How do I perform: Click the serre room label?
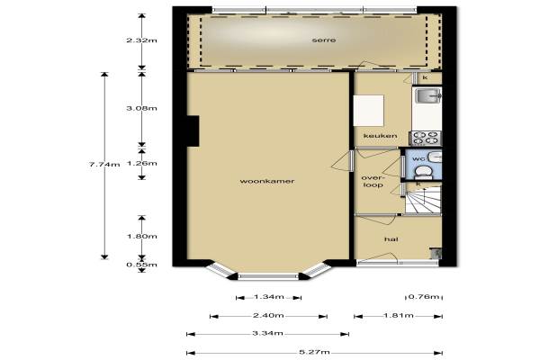(x=324, y=40)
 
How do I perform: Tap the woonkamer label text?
(x=267, y=181)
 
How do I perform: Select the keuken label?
(x=380, y=136)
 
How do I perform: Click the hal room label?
(x=391, y=239)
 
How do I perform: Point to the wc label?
(x=418, y=158)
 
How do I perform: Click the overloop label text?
(x=373, y=182)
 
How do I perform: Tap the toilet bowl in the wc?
(x=423, y=172)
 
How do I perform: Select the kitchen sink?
(x=427, y=95)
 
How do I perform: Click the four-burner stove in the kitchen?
(x=426, y=138)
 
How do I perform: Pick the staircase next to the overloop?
(x=423, y=201)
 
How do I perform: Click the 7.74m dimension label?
(x=104, y=165)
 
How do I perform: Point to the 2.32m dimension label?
(x=141, y=40)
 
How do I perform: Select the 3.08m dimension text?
(x=141, y=108)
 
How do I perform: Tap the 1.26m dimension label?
(x=141, y=163)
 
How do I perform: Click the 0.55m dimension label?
(x=141, y=265)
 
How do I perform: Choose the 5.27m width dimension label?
(x=314, y=352)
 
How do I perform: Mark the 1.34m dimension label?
(x=268, y=297)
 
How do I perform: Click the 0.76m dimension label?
(x=424, y=297)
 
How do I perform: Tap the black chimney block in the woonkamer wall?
(x=193, y=131)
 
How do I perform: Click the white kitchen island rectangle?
(x=368, y=111)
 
